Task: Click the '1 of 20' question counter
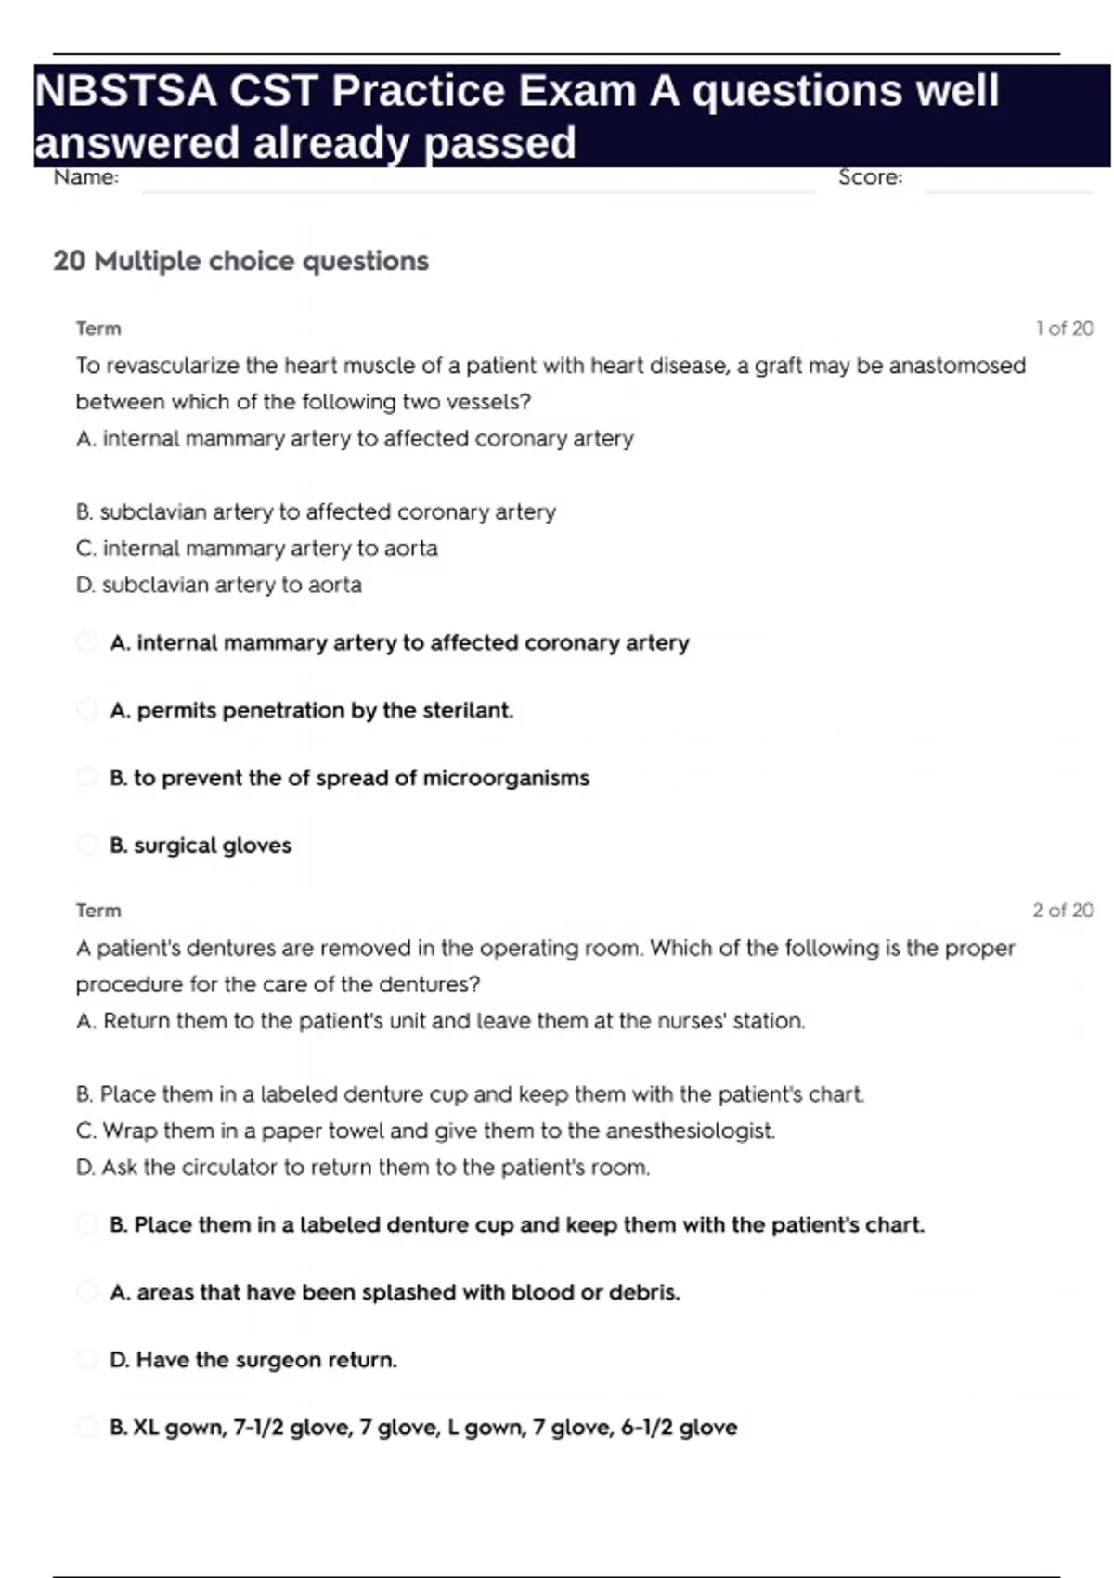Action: click(1064, 329)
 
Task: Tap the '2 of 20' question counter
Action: click(1063, 911)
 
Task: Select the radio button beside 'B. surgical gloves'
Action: click(87, 845)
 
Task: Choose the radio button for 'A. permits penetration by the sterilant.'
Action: click(87, 710)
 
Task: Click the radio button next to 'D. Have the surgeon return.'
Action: click(87, 1360)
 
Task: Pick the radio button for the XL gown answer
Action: click(87, 1427)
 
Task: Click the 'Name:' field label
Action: click(86, 177)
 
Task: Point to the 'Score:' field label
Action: click(870, 177)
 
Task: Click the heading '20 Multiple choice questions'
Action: click(240, 261)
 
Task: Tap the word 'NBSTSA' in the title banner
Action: click(125, 91)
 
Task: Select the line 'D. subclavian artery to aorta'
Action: click(219, 585)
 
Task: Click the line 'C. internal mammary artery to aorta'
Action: click(256, 549)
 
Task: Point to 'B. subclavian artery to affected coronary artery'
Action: click(316, 511)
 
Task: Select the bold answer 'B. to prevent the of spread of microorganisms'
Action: click(349, 778)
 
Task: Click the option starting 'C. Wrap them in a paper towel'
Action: click(425, 1131)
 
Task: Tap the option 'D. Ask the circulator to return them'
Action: click(363, 1167)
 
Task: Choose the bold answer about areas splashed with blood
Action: click(395, 1292)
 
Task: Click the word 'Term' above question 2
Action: click(98, 911)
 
